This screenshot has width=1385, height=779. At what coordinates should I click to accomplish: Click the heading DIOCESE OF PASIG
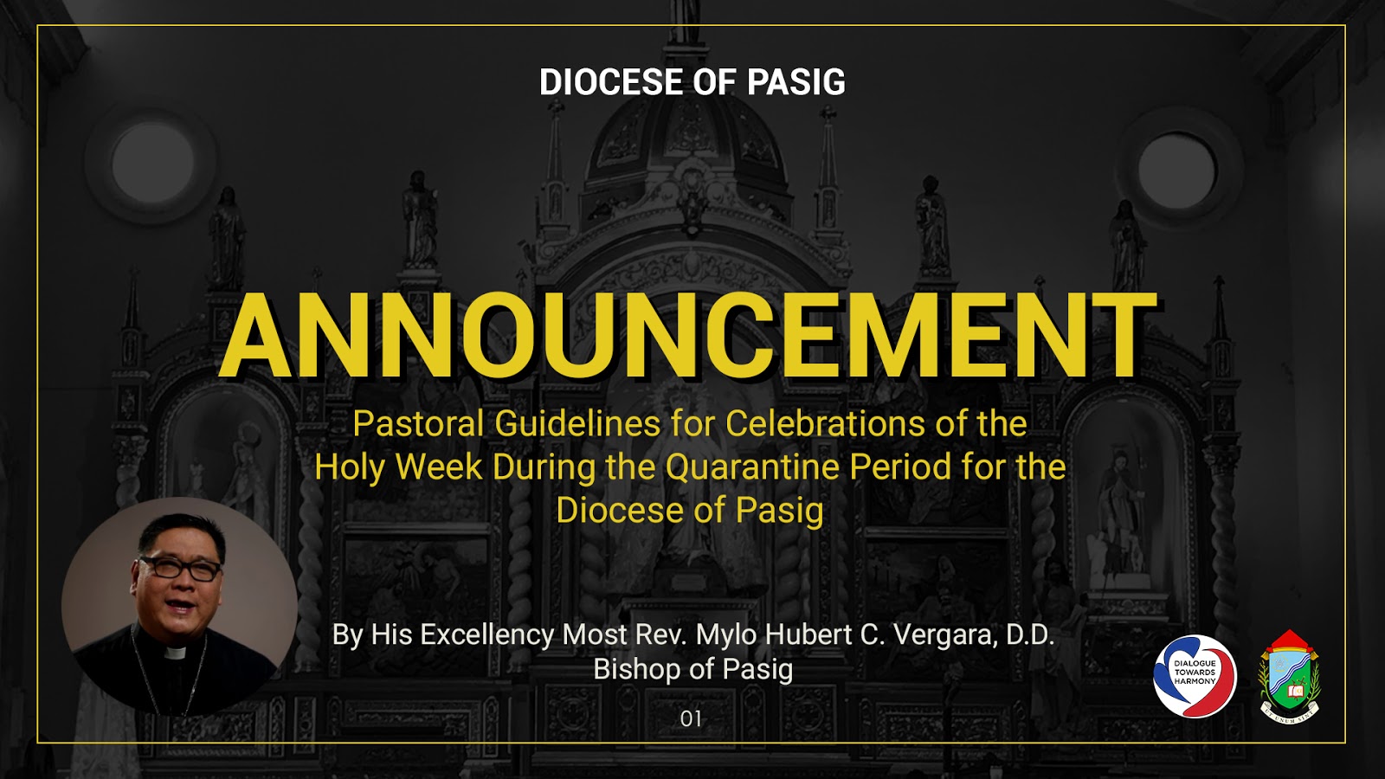coord(692,82)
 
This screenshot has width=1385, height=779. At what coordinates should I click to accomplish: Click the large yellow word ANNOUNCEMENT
coord(688,337)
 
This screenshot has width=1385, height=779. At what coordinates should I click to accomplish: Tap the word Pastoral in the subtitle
coord(418,424)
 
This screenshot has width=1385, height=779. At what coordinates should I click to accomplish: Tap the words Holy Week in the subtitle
coord(398,467)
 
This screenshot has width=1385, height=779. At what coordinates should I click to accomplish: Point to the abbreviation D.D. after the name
coord(1029,634)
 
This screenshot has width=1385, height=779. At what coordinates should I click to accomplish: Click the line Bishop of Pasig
coord(692,669)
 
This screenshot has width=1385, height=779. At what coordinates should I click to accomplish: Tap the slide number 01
coord(691,718)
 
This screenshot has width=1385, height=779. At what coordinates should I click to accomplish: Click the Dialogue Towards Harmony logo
coord(1195,676)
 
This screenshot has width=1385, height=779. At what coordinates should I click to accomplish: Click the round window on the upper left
coord(152,163)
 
